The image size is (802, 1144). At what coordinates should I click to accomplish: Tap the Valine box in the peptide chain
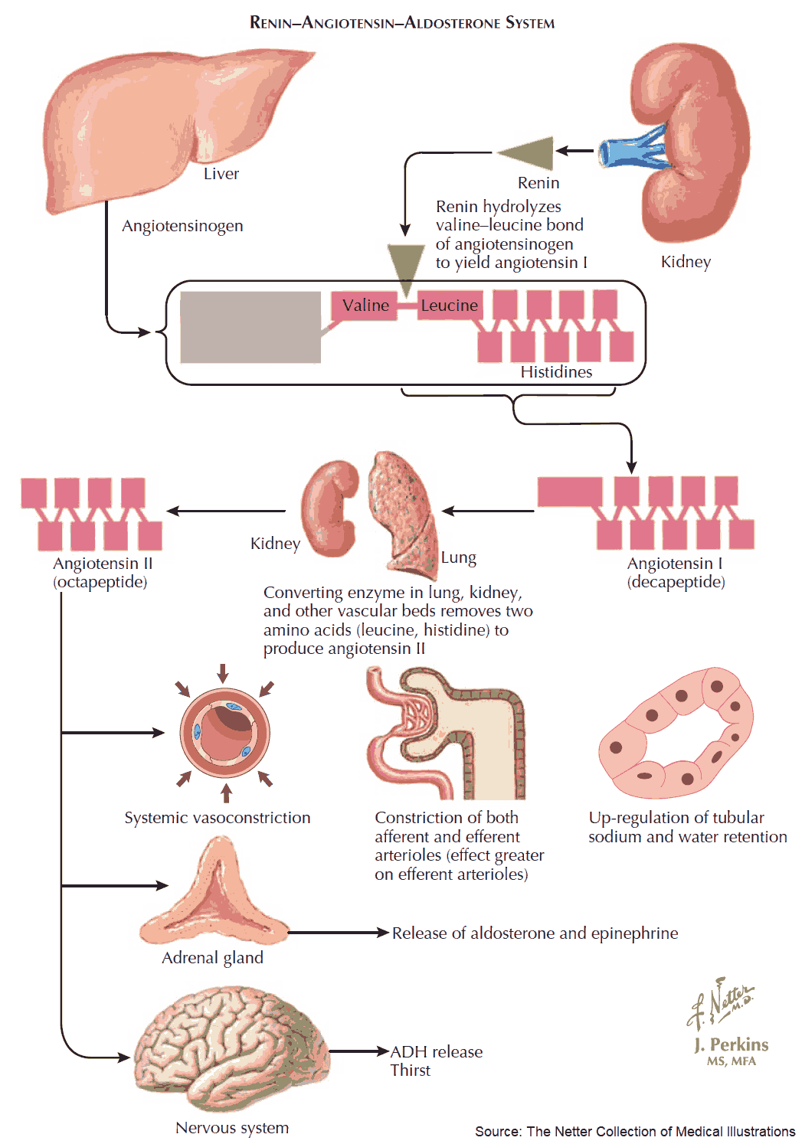tap(365, 306)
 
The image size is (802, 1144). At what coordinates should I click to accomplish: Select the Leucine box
tap(450, 306)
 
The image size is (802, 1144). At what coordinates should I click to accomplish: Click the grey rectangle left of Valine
tap(250, 327)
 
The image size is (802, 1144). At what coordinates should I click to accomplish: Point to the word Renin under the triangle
tap(538, 183)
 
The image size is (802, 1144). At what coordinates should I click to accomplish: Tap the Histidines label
tap(556, 372)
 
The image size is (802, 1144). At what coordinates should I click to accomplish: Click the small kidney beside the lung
tap(330, 506)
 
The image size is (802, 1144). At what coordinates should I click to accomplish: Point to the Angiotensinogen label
tap(182, 226)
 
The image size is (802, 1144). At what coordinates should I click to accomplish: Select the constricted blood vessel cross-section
tap(224, 732)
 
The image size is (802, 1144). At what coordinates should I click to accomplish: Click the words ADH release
tap(437, 1052)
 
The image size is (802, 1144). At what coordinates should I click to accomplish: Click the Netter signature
tap(720, 1002)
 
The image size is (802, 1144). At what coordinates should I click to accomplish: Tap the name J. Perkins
tap(731, 1044)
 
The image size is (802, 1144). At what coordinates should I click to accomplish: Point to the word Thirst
tap(411, 1070)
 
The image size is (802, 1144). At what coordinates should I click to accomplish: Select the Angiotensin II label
tap(103, 564)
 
